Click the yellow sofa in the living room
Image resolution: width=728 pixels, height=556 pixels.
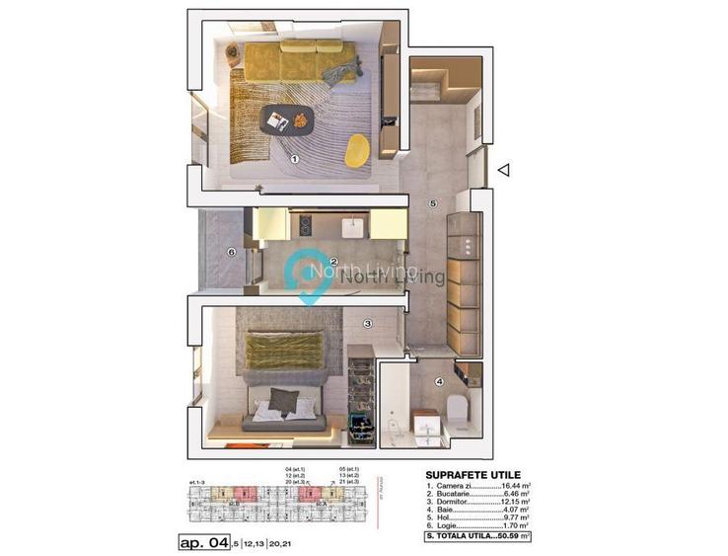click(x=295, y=60)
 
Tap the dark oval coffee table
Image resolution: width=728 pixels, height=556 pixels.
click(x=288, y=121)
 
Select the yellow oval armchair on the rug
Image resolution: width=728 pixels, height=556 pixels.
click(x=357, y=149)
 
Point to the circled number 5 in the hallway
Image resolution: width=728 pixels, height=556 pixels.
click(x=432, y=203)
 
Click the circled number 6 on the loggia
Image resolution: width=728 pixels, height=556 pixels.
click(x=231, y=252)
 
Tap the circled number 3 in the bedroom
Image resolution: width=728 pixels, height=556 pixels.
click(x=367, y=323)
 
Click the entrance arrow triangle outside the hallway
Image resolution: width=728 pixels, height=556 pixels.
click(x=503, y=171)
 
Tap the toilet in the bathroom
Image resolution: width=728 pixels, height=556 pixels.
click(x=456, y=406)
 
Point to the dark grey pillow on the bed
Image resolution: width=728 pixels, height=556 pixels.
click(x=284, y=399)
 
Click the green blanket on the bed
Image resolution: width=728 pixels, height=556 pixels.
click(x=285, y=351)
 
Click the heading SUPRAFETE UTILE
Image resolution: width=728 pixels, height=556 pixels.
click(x=473, y=475)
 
